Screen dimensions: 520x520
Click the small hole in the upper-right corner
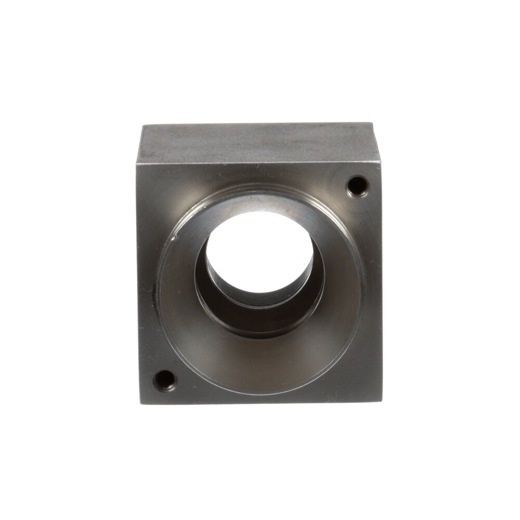(x=357, y=185)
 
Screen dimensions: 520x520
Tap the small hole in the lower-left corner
(x=164, y=380)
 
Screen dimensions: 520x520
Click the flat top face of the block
(x=257, y=143)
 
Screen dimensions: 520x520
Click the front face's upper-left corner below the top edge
(x=138, y=165)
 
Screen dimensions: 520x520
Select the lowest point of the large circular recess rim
(x=260, y=394)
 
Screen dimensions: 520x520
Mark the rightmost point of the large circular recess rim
(x=363, y=291)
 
